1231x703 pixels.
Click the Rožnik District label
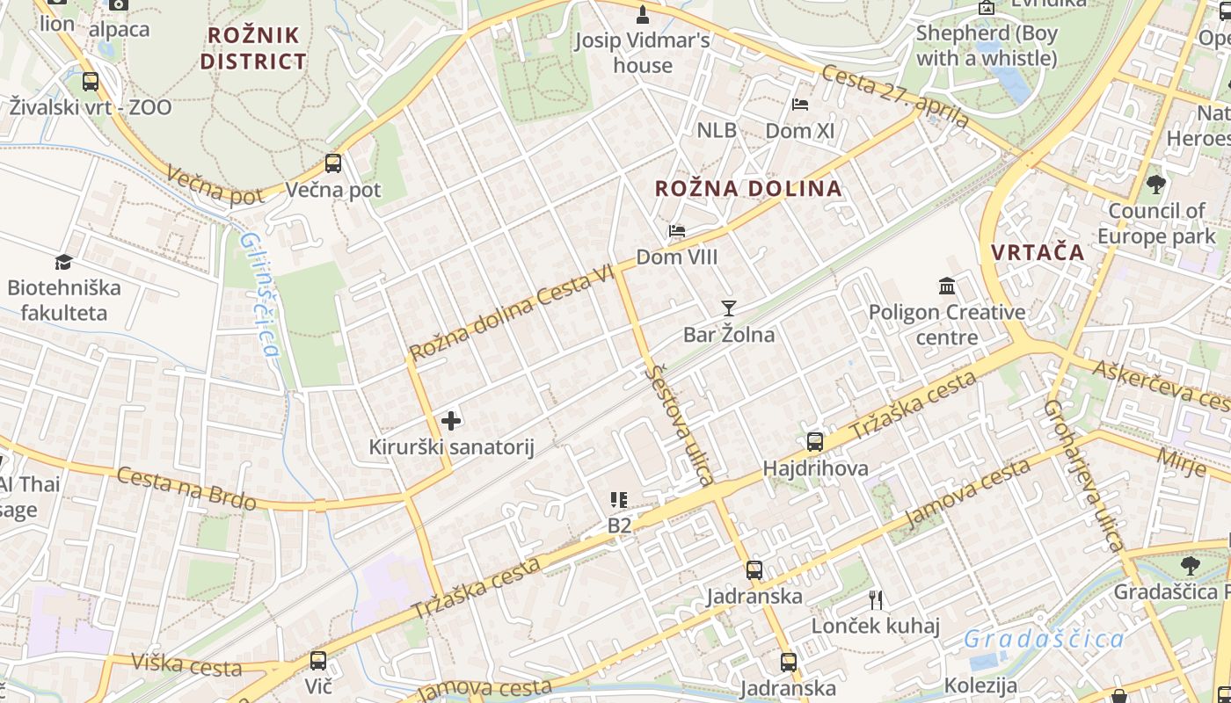[x=253, y=48]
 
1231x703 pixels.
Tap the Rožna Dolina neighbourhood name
[x=748, y=188]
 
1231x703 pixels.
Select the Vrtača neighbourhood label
[x=1038, y=252]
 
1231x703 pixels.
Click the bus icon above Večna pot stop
[x=333, y=163]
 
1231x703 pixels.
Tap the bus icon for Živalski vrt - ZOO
[x=91, y=82]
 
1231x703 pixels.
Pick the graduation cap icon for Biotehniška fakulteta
[x=63, y=262]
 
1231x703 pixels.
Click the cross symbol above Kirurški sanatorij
[x=451, y=421]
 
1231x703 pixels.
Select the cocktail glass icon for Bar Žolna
[x=728, y=308]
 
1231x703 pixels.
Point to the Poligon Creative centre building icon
[x=947, y=286]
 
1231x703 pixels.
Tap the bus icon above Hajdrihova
[x=815, y=442]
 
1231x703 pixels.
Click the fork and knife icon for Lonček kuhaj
[x=875, y=600]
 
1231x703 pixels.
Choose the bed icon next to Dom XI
[x=799, y=105]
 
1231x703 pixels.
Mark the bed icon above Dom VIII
[x=676, y=231]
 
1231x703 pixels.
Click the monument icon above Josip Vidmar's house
[x=643, y=14]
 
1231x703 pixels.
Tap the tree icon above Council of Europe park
[x=1155, y=185]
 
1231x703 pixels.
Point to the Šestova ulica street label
[x=680, y=425]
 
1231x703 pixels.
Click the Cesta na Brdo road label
[x=186, y=489]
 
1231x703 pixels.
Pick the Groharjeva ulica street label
[x=1083, y=475]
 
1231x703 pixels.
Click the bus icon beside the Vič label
[x=318, y=660]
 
